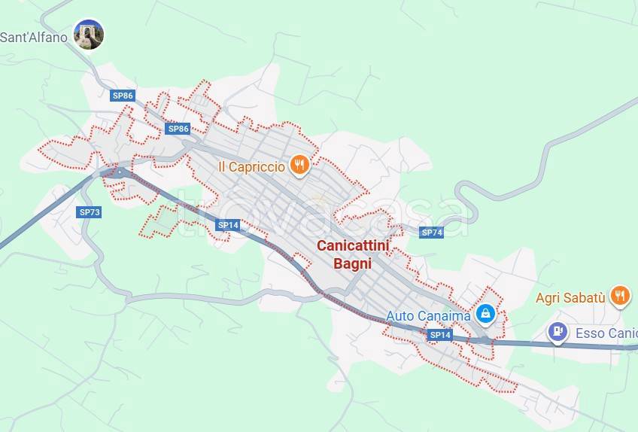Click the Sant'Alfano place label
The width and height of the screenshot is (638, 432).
point(33,37)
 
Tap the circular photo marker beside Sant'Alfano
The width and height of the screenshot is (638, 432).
point(89,35)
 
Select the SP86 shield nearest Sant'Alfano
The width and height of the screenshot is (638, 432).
point(123,96)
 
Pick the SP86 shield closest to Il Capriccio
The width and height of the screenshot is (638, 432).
point(178,129)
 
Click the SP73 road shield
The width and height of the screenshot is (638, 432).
point(90,212)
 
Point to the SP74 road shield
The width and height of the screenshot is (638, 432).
point(432,233)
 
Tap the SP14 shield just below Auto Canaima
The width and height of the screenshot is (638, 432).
point(440,334)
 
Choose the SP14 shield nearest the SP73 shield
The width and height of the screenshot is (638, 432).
point(228,225)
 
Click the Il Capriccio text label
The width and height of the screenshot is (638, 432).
point(251,167)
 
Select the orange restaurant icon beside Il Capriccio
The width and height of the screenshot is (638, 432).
point(300,165)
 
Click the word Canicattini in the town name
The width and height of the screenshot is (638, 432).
point(353,245)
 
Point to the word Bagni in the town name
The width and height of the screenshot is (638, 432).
point(353,263)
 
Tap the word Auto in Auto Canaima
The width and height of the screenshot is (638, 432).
point(400,316)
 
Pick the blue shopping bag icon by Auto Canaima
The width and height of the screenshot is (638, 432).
point(486,313)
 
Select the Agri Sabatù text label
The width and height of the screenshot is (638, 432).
point(570,298)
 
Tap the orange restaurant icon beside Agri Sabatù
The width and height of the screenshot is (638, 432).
point(620,296)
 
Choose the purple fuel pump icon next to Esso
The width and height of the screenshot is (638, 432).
point(557,330)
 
